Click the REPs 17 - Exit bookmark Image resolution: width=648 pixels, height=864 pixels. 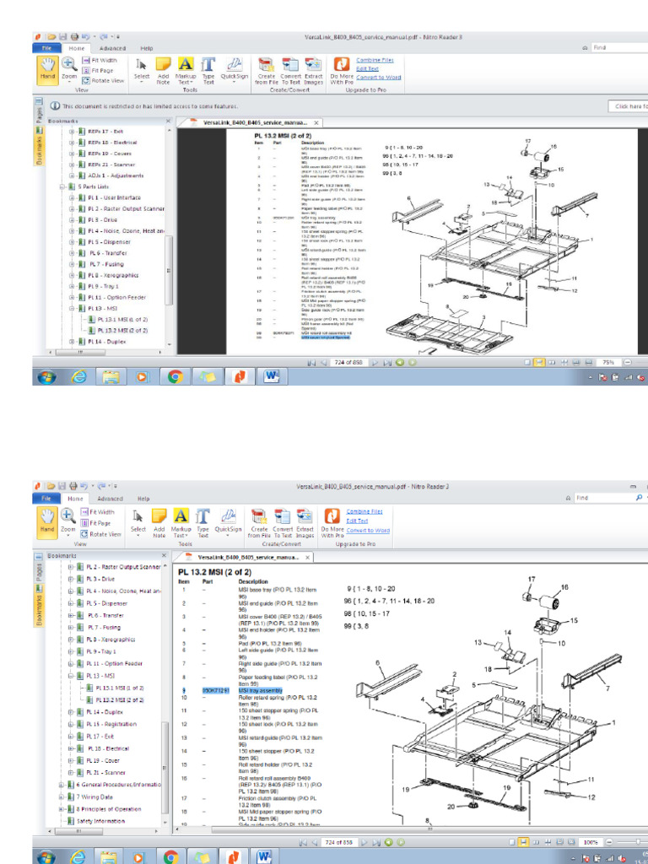click(x=107, y=132)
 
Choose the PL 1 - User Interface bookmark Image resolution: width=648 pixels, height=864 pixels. click(x=116, y=197)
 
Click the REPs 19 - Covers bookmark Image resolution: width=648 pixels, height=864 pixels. click(x=111, y=154)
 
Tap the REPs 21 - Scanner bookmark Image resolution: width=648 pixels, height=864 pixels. click(x=112, y=165)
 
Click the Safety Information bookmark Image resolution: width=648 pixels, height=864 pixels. click(x=101, y=820)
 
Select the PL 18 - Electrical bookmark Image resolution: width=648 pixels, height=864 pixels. click(x=110, y=748)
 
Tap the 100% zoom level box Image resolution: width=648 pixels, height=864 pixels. click(x=591, y=842)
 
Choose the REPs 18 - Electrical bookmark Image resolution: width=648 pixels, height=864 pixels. click(x=113, y=143)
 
